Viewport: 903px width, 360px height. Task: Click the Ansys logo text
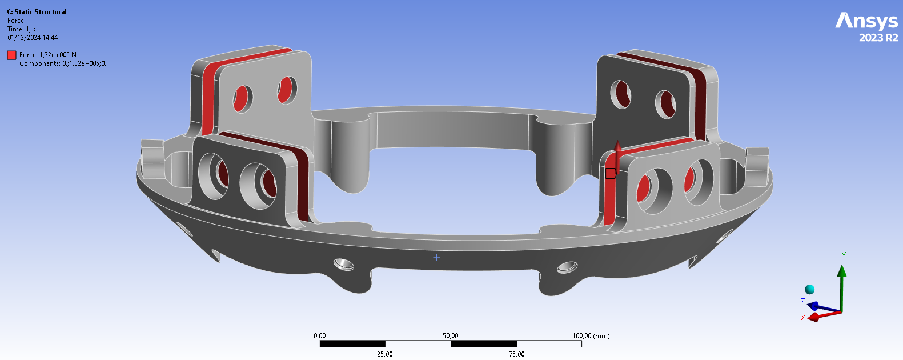pyautogui.click(x=866, y=21)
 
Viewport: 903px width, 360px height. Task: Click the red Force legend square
pyautogui.click(x=11, y=55)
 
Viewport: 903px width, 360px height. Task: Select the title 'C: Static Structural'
pyautogui.click(x=37, y=12)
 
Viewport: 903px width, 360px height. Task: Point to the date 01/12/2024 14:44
pyautogui.click(x=33, y=38)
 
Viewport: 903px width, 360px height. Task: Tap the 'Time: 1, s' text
pyautogui.click(x=21, y=29)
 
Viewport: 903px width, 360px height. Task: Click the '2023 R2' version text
pyautogui.click(x=878, y=38)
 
